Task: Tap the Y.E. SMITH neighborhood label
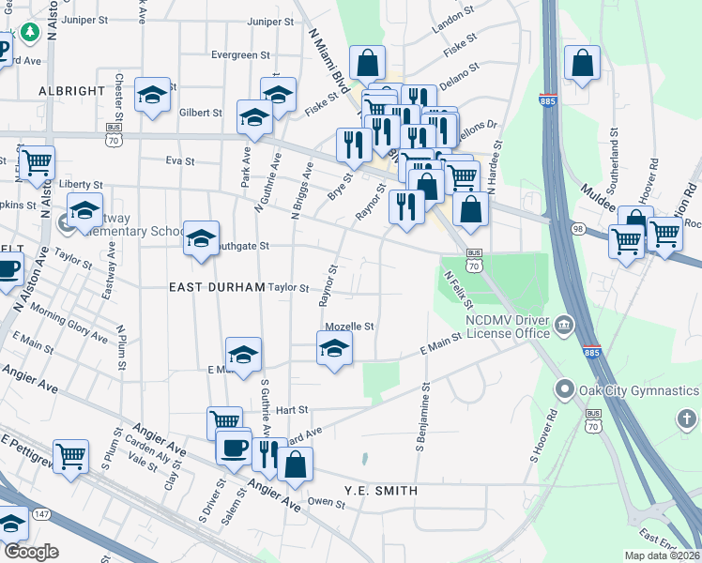379,490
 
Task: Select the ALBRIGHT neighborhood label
71,91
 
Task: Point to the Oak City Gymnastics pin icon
565,388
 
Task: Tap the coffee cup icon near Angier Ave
234,447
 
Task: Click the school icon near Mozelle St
333,351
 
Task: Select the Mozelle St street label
349,327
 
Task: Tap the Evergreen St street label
234,55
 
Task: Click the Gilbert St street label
200,113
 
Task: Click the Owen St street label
327,504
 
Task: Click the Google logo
31,552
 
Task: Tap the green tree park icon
30,32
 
